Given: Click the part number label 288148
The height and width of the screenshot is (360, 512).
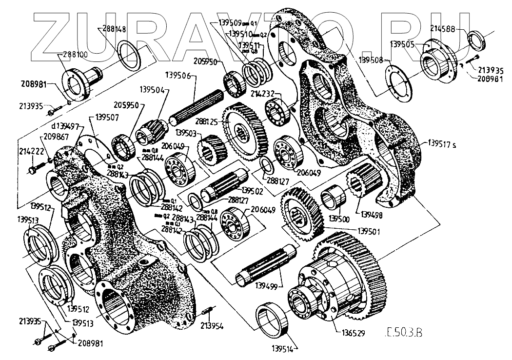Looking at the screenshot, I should tap(115, 29).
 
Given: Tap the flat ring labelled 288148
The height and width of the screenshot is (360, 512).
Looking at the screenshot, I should tap(130, 56).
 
